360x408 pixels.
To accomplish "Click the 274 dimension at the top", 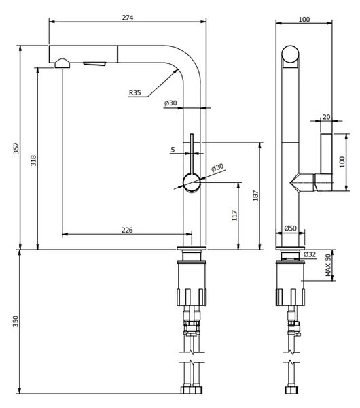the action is pyautogui.click(x=128, y=18).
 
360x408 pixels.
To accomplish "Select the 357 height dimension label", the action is pyautogui.click(x=16, y=148).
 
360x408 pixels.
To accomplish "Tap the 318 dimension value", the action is pyautogui.click(x=33, y=160).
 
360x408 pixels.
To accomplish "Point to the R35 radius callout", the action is pyautogui.click(x=135, y=92).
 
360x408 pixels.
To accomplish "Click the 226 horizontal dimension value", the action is pyautogui.click(x=127, y=230).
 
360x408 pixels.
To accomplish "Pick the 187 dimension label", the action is pyautogui.click(x=256, y=195).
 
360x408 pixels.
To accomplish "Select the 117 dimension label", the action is pyautogui.click(x=234, y=216).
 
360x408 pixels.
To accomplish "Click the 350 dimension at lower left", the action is pyautogui.click(x=16, y=321).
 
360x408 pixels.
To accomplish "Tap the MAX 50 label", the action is pyautogui.click(x=328, y=265).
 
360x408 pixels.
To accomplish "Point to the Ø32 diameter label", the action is pyautogui.click(x=310, y=254).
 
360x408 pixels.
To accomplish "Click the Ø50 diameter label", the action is pyautogui.click(x=290, y=228).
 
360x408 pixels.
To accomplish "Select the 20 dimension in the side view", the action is pyautogui.click(x=326, y=117).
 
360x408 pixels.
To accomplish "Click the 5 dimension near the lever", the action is pyautogui.click(x=173, y=150).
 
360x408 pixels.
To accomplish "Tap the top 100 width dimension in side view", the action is pyautogui.click(x=304, y=19).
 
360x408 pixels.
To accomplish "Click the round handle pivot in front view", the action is pyautogui.click(x=192, y=182).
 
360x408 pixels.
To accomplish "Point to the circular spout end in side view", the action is pyautogui.click(x=290, y=54).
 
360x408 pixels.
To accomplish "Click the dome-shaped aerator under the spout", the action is pyautogui.click(x=62, y=63).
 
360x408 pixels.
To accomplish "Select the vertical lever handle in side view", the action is pyautogui.click(x=326, y=154).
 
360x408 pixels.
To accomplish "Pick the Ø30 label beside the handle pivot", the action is pyautogui.click(x=217, y=167).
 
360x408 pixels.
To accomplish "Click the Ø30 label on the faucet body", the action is pyautogui.click(x=170, y=103).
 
